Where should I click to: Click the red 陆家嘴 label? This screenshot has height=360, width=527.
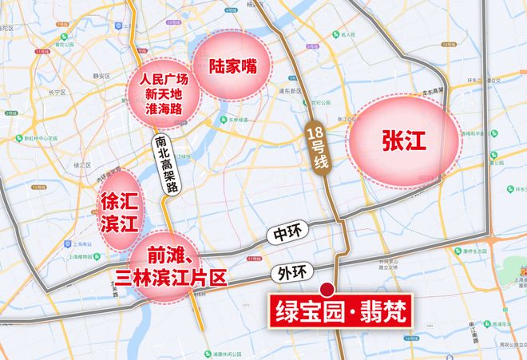point(232,65)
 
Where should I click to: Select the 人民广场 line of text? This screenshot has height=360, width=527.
point(163,80)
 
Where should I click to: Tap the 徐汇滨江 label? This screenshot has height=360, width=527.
point(116,208)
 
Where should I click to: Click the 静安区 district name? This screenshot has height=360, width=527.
point(101,77)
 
